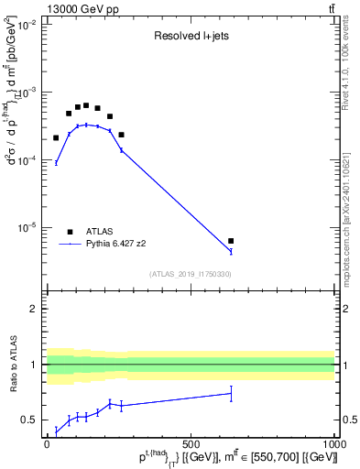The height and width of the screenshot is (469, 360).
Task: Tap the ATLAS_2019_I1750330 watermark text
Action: [x=191, y=274]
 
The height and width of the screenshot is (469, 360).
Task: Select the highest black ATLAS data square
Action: [x=86, y=105]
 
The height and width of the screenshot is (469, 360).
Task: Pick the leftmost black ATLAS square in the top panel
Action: [x=56, y=137]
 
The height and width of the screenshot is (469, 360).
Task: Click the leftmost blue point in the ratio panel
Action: [x=56, y=431]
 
